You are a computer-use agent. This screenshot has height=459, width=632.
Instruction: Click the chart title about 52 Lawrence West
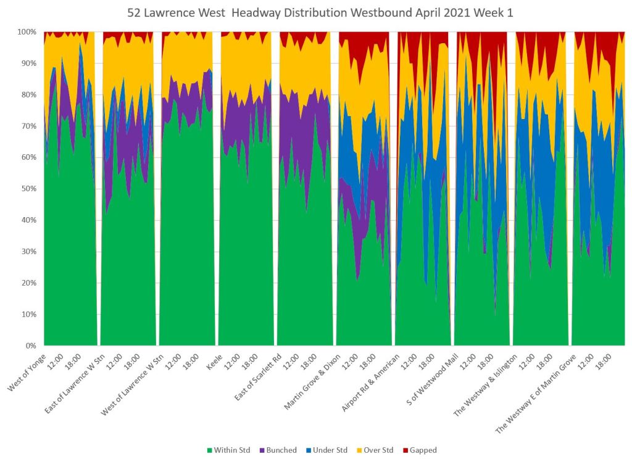click(x=316, y=12)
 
